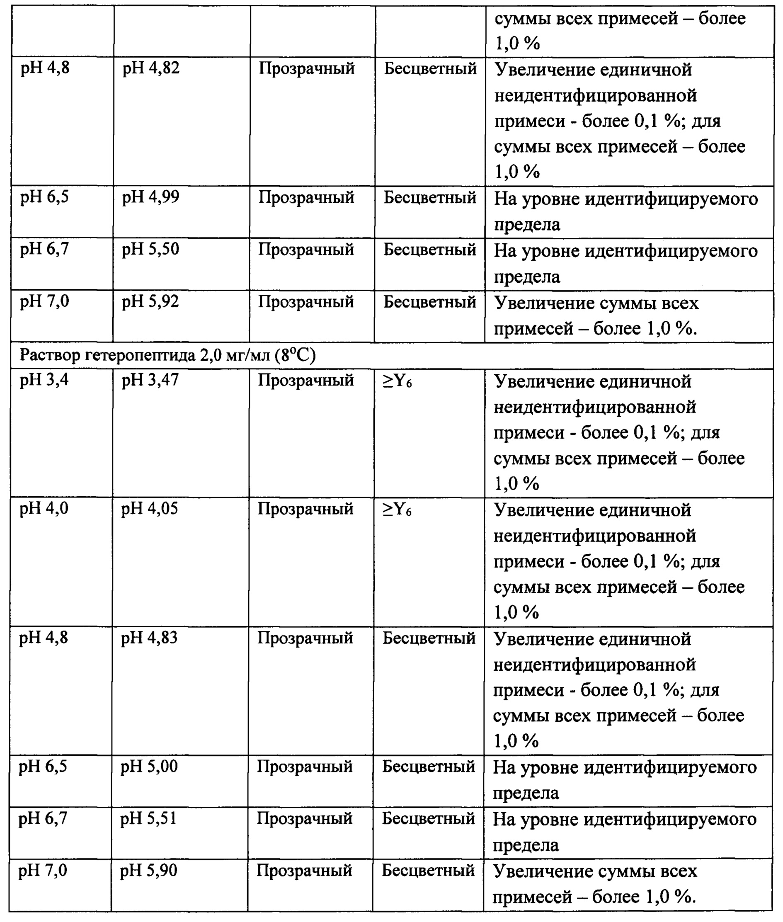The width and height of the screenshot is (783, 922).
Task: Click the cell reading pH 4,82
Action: click(x=151, y=69)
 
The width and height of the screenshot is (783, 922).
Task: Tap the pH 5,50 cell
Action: click(x=150, y=250)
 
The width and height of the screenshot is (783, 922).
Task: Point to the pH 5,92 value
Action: click(x=150, y=302)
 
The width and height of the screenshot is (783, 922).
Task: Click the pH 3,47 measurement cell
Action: click(x=150, y=381)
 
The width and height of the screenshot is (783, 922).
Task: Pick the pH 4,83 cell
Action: click(x=149, y=638)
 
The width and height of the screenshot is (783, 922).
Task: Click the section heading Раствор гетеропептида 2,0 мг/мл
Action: click(x=167, y=356)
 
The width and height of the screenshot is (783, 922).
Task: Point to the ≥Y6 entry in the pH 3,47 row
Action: click(x=397, y=381)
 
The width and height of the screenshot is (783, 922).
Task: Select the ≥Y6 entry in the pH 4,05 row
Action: click(x=397, y=510)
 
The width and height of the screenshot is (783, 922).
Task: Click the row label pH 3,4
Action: click(x=44, y=381)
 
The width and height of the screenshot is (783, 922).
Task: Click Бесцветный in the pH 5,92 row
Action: click(x=430, y=302)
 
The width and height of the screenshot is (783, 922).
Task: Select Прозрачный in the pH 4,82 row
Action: click(x=307, y=69)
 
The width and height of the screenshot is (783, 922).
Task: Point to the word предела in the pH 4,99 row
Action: click(x=527, y=225)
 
